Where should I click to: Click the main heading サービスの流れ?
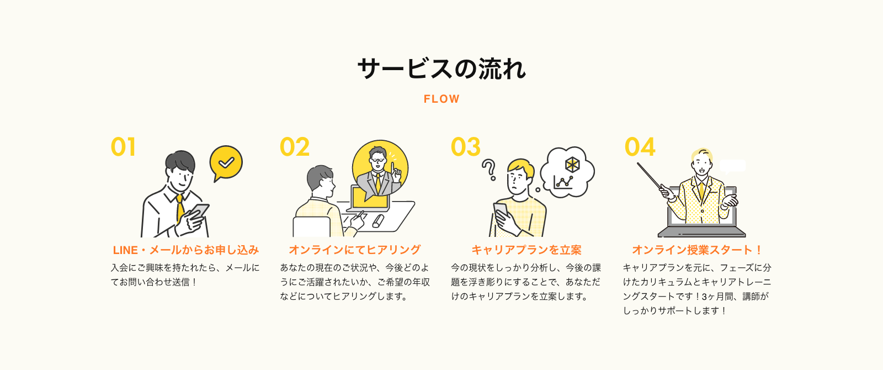[x=441, y=69]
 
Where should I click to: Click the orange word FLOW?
[x=441, y=99]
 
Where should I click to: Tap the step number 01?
[x=123, y=147]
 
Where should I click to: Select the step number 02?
[x=295, y=147]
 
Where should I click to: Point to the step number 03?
[x=466, y=147]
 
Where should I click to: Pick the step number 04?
[x=640, y=147]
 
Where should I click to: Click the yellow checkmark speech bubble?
[x=226, y=163]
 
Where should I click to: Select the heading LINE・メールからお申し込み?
[x=185, y=250]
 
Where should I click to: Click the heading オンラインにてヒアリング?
[x=355, y=250]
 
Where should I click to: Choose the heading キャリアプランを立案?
[x=526, y=250]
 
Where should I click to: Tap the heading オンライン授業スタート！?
[x=697, y=250]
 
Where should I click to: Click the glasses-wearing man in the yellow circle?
[x=379, y=171]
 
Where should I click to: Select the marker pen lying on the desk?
[x=378, y=221]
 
